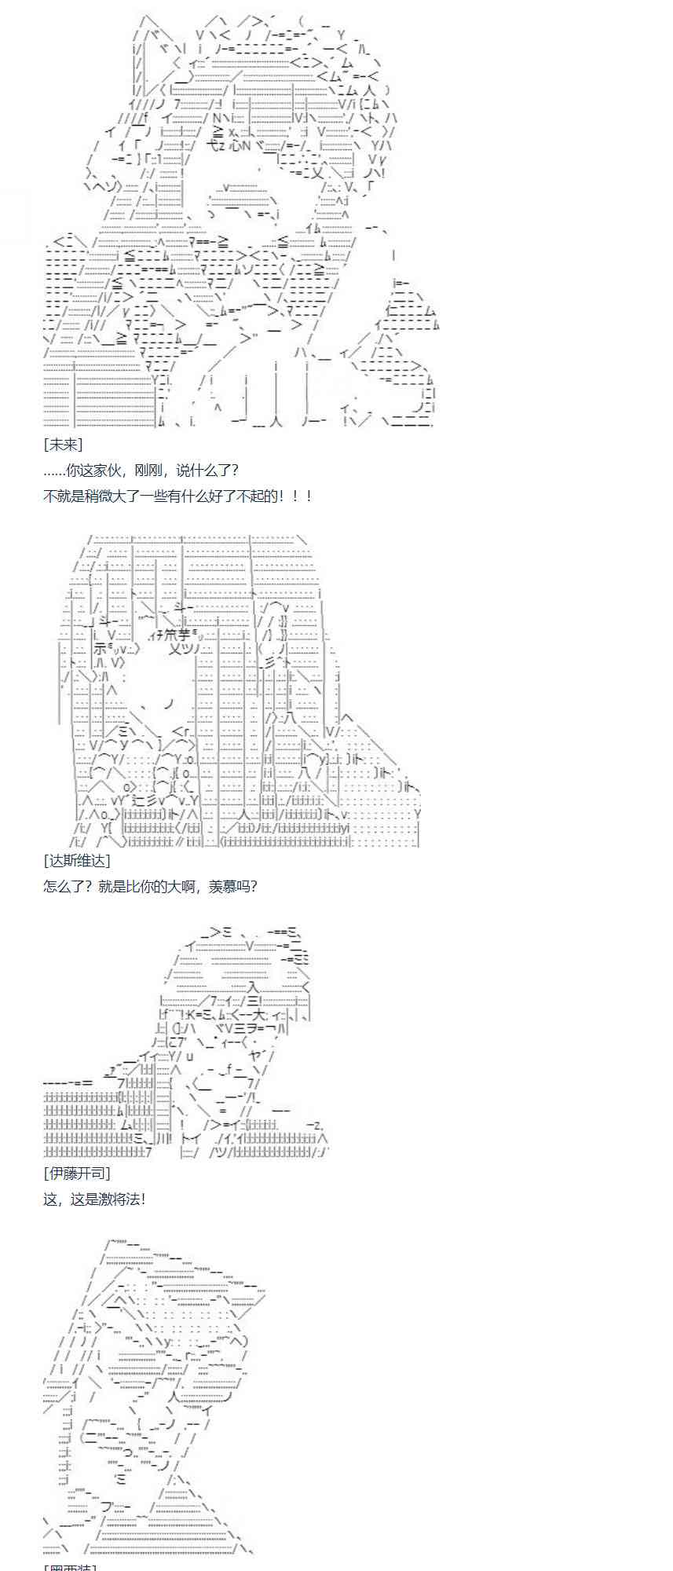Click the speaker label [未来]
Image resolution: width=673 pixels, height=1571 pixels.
pyautogui.click(x=63, y=445)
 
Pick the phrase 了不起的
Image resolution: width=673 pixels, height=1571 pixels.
pyautogui.click(x=247, y=496)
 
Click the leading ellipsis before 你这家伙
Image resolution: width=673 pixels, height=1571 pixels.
pyautogui.click(x=54, y=471)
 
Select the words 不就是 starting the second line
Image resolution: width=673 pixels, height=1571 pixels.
pyautogui.click(x=64, y=496)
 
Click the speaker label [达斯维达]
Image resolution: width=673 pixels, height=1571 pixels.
pyautogui.click(x=77, y=861)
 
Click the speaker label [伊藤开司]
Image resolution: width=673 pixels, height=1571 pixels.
pyautogui.click(x=77, y=1174)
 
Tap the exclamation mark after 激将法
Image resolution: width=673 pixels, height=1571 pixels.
pyautogui.click(x=143, y=1199)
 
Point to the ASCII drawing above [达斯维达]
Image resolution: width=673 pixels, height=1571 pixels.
pyautogui.click(x=240, y=691)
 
